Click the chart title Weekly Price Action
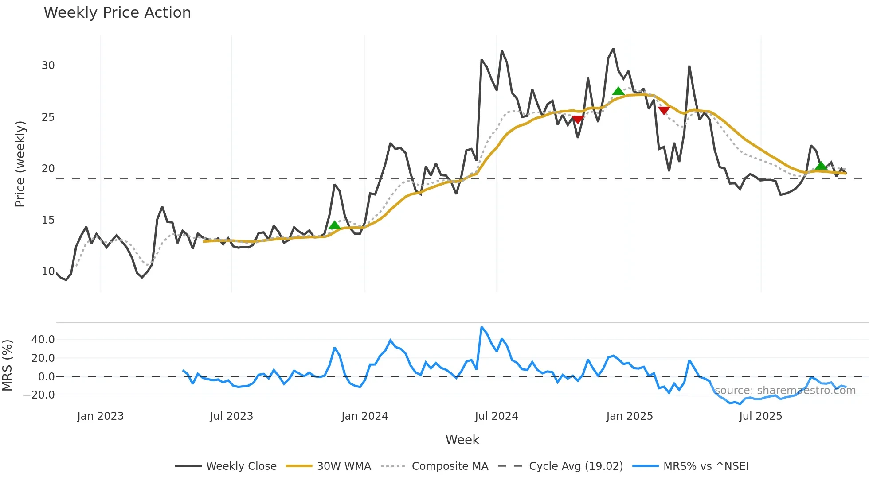(117, 13)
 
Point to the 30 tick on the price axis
(48, 66)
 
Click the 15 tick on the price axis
(48, 220)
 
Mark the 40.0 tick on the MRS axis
(43, 340)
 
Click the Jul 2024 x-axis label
(496, 416)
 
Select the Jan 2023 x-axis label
(100, 416)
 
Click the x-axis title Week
(462, 440)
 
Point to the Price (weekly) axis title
(20, 164)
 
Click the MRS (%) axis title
(7, 365)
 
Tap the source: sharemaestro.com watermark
(785, 391)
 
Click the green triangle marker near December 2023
(335, 225)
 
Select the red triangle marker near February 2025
(664, 110)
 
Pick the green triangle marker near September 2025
(821, 166)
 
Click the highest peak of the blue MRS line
(481, 327)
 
